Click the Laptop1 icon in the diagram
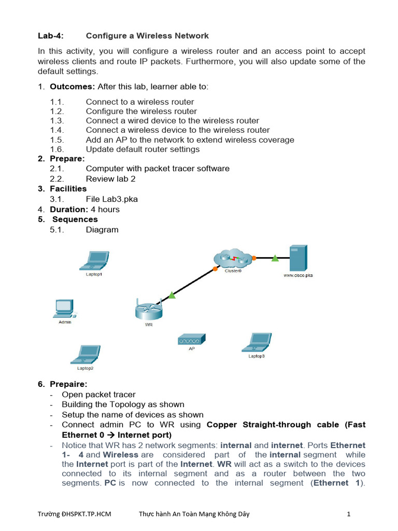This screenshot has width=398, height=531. [94, 260]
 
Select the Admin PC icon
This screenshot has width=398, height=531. [64, 309]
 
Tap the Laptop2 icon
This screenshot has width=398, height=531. [86, 354]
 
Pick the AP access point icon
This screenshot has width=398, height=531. [191, 340]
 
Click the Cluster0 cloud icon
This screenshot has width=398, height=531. [232, 258]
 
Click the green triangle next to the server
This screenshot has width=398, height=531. [275, 258]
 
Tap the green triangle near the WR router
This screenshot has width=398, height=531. [172, 295]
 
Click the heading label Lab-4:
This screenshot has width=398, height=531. [51, 36]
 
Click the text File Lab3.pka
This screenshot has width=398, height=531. [112, 199]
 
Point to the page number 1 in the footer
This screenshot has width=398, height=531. [349, 514]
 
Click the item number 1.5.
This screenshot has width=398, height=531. [57, 140]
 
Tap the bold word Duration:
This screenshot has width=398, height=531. [69, 209]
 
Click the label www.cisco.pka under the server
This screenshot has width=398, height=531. [298, 276]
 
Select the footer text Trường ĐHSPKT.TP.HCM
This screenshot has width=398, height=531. [75, 514]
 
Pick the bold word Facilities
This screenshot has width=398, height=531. [68, 189]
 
